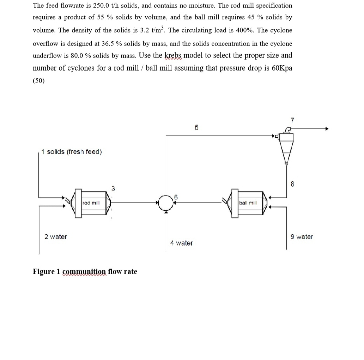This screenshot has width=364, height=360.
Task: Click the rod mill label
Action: (91, 203)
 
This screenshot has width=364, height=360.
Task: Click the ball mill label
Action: (248, 203)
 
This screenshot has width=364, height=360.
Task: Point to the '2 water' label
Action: (55, 237)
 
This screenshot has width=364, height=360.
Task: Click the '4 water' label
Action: (181, 243)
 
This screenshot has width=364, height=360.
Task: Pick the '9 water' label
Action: (302, 237)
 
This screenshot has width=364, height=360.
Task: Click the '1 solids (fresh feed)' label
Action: (71, 152)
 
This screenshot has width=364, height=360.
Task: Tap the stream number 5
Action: (196, 127)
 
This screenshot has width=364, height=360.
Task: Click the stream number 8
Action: (292, 184)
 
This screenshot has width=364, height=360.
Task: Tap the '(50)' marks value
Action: (39, 81)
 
